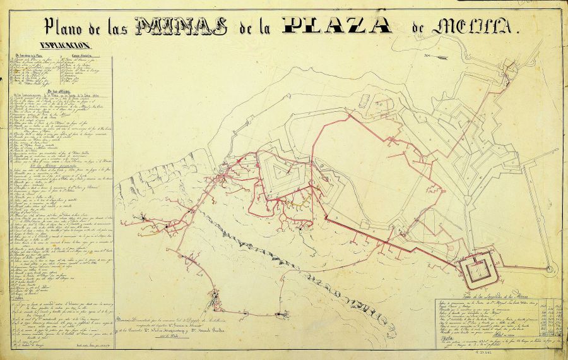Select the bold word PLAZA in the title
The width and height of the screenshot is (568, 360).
337,25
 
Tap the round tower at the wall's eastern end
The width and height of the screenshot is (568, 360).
550,270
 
